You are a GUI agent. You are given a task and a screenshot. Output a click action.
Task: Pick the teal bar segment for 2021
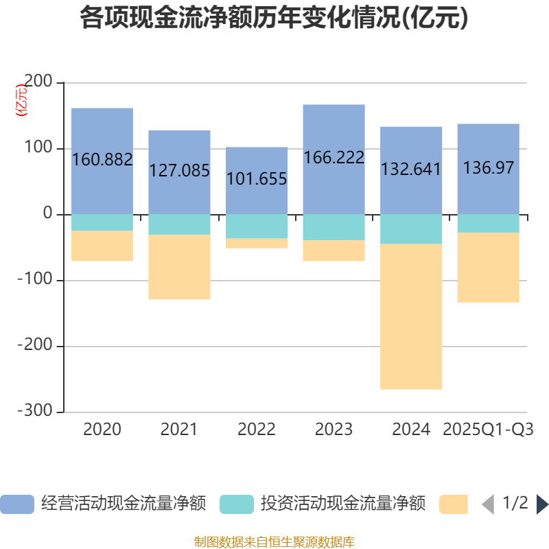pyautogui.click(x=179, y=224)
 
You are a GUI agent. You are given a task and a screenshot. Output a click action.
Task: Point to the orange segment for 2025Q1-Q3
pyautogui.click(x=488, y=268)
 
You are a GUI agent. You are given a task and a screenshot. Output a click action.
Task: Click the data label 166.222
pyautogui.click(x=334, y=158)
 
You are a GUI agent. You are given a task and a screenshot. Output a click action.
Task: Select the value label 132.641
pyautogui.click(x=411, y=169)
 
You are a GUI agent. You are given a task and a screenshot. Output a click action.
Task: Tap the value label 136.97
pyautogui.click(x=488, y=167)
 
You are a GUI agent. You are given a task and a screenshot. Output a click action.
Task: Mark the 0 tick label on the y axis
pyautogui.click(x=47, y=214)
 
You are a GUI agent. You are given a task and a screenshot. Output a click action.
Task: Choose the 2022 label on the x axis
pyautogui.click(x=257, y=430)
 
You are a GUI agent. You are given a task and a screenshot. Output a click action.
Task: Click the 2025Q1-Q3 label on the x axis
pyautogui.click(x=488, y=430)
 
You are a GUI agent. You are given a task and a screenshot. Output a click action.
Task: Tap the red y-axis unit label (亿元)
pyautogui.click(x=22, y=100)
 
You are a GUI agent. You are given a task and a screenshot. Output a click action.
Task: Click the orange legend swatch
pyautogui.click(x=453, y=504)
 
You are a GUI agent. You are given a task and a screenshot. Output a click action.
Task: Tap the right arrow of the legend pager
pyautogui.click(x=542, y=504)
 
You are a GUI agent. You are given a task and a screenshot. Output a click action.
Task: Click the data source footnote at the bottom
pyautogui.click(x=274, y=541)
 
